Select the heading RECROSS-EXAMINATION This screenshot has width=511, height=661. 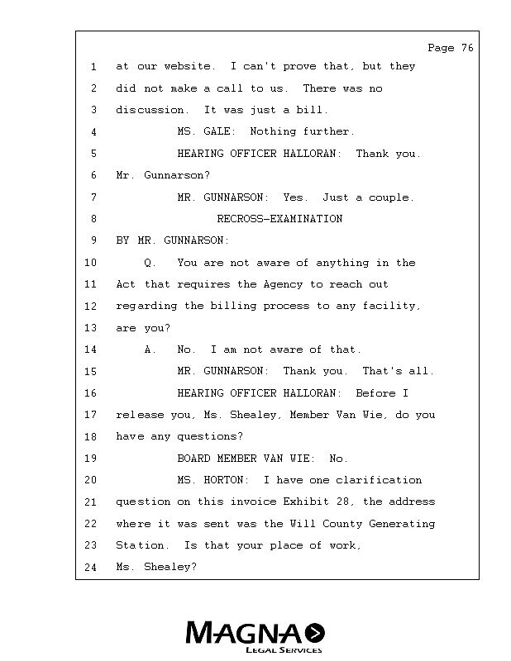pyautogui.click(x=279, y=219)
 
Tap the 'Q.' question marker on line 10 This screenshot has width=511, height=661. pyautogui.click(x=150, y=263)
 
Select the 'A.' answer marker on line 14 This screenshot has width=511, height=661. pyautogui.click(x=150, y=350)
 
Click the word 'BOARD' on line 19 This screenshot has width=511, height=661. pyautogui.click(x=194, y=459)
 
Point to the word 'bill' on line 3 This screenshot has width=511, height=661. pyautogui.click(x=315, y=110)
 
